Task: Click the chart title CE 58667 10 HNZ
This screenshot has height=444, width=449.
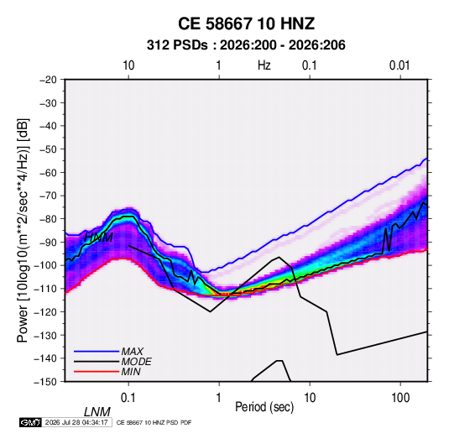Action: tap(246, 24)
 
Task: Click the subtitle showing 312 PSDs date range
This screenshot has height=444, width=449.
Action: tap(246, 45)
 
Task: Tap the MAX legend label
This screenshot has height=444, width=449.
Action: tap(132, 351)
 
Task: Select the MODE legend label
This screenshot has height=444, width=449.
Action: tap(136, 362)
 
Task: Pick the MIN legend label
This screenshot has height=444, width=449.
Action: tap(131, 372)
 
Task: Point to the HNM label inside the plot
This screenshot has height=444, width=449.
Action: tap(98, 238)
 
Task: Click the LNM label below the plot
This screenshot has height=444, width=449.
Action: tap(97, 412)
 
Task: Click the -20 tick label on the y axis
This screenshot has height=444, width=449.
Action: tap(48, 80)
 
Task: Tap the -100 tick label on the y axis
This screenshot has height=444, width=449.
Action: tap(45, 265)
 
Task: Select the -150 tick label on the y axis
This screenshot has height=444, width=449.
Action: tap(45, 382)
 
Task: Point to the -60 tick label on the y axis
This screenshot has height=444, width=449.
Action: tap(48, 172)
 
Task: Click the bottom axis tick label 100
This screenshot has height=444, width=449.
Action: tap(400, 398)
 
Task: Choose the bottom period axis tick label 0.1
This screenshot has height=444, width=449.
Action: tap(128, 398)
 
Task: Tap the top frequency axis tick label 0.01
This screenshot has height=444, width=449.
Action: tap(399, 65)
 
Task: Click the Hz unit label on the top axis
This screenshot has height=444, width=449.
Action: tap(264, 65)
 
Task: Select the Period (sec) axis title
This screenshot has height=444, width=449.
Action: tap(264, 407)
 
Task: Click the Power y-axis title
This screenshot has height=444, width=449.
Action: tap(23, 231)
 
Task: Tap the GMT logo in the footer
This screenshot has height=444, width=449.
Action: tap(30, 422)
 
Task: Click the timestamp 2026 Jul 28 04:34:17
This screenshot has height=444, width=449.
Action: tap(76, 422)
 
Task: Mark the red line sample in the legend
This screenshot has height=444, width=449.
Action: tap(97, 372)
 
